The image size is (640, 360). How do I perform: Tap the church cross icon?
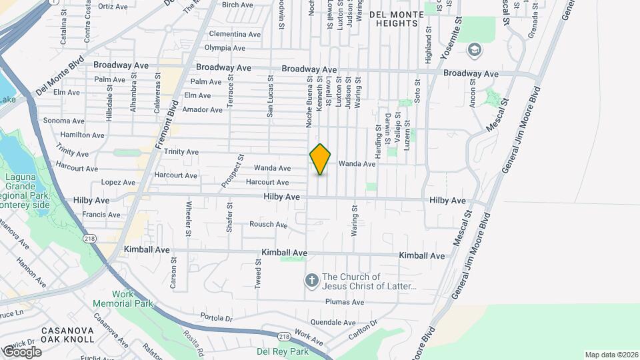click(311, 281)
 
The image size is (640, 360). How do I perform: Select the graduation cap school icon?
click(474, 49)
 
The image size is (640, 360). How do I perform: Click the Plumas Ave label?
click(344, 302)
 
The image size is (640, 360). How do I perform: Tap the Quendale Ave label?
click(334, 322)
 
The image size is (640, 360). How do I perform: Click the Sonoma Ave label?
click(64, 121)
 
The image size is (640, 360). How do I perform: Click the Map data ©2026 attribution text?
click(611, 355)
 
